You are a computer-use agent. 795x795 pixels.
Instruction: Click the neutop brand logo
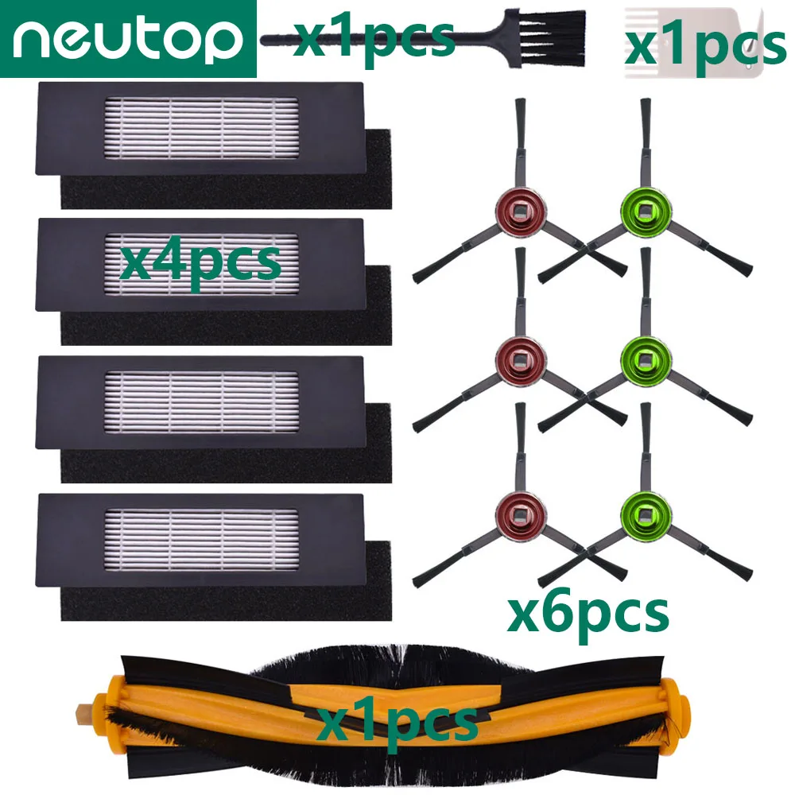click(x=127, y=38)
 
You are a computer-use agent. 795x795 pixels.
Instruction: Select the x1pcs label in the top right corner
click(x=704, y=46)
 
